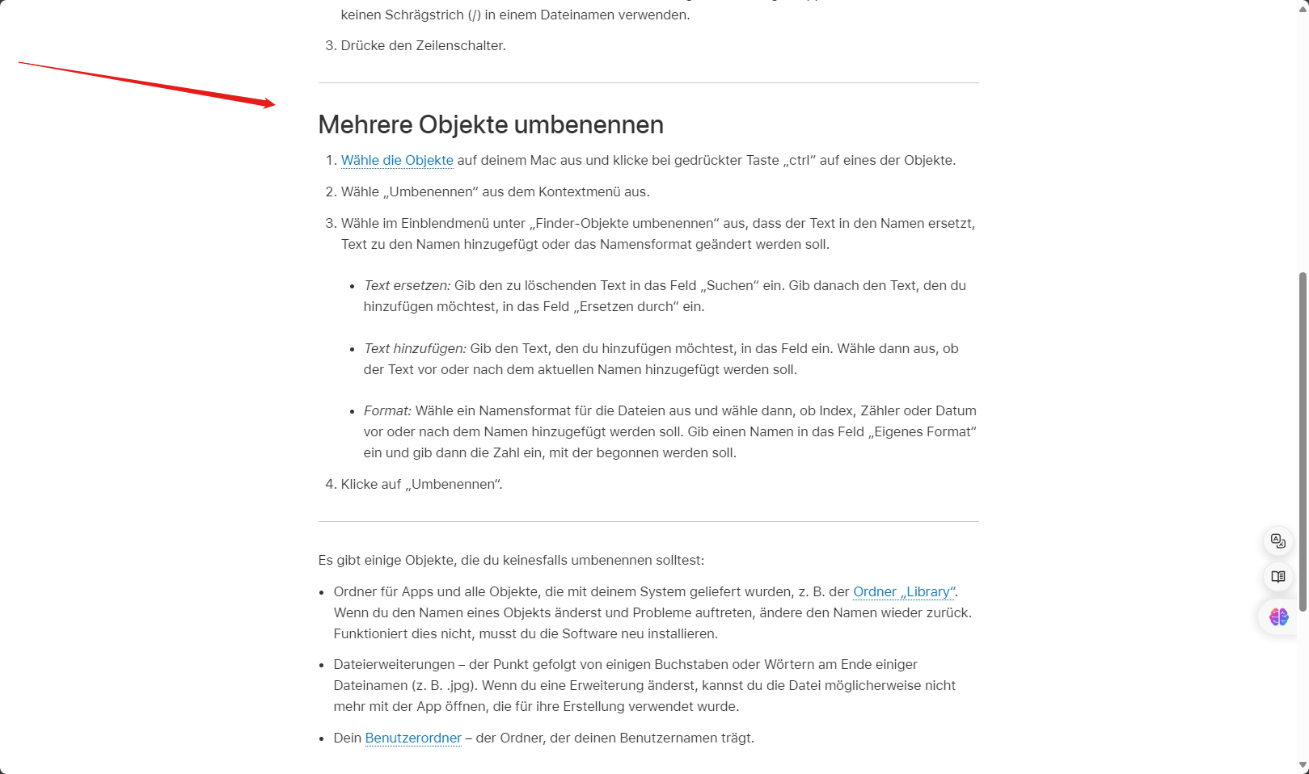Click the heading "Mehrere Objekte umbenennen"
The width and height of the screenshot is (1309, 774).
pos(491,124)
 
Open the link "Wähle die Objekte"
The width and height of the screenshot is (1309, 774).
pos(397,160)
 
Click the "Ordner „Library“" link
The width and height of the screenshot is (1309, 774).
pos(904,591)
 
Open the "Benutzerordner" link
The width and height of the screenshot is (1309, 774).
pos(413,738)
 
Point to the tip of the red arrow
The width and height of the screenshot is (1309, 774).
pos(275,104)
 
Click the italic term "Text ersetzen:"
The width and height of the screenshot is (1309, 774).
pos(407,285)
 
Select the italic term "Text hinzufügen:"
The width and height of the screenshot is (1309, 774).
pos(415,348)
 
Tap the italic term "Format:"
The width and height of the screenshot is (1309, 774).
pos(387,410)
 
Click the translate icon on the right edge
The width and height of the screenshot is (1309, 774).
pos(1278,541)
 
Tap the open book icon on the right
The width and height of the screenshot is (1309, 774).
pos(1278,577)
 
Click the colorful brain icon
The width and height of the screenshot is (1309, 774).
pos(1278,617)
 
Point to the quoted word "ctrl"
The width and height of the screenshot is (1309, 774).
pos(800,160)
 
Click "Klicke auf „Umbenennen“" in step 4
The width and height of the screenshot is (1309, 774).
pos(421,484)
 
